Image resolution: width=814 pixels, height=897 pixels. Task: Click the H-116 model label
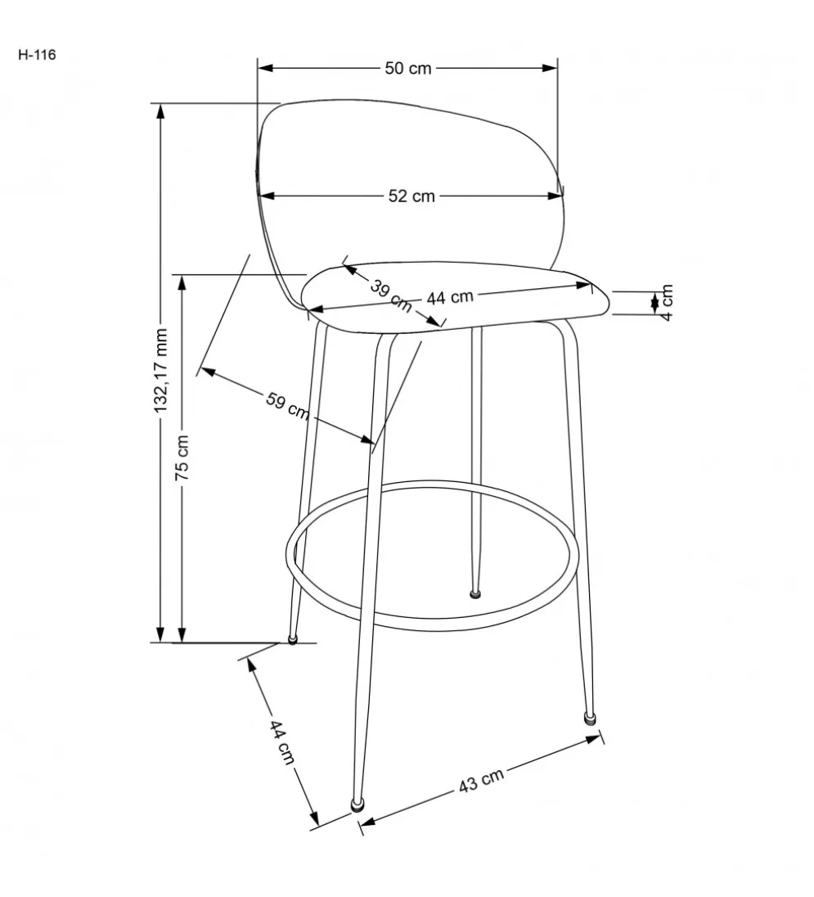coord(37,55)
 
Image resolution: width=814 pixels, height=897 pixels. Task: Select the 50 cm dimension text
coord(408,68)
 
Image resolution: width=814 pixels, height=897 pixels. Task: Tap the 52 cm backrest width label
coord(411,196)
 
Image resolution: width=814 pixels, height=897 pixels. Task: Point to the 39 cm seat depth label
coord(391,295)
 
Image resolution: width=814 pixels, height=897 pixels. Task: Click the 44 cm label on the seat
coord(451,297)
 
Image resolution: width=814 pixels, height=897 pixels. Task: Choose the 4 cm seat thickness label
coord(667,303)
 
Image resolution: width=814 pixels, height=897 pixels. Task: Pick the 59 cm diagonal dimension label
coord(287,405)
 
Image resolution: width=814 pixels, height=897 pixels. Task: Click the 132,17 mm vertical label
coord(161,371)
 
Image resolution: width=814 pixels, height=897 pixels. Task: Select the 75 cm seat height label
coord(182,458)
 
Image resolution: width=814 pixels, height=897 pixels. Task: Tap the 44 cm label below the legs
coord(281,742)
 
